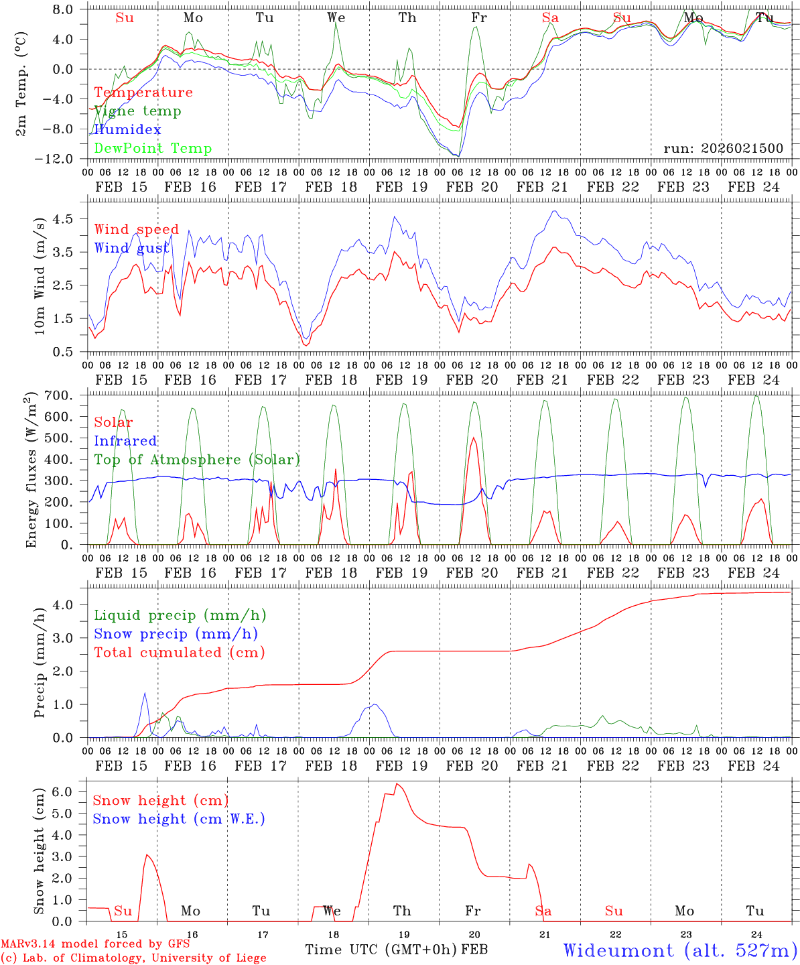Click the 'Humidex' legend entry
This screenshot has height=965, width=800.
pyautogui.click(x=127, y=130)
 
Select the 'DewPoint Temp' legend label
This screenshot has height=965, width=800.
pyautogui.click(x=153, y=149)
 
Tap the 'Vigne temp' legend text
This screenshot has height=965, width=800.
pyautogui.click(x=137, y=111)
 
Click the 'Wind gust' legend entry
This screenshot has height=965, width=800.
pyautogui.click(x=132, y=249)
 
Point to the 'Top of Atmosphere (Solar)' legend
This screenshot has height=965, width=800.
pyautogui.click(x=196, y=460)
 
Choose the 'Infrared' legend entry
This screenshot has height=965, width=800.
pyautogui.click(x=125, y=441)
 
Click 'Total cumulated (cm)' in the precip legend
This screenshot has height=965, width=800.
pyautogui.click(x=179, y=653)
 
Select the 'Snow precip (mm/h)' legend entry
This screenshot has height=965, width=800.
pyautogui.click(x=176, y=634)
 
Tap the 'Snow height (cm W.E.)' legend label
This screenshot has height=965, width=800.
pyautogui.click(x=179, y=819)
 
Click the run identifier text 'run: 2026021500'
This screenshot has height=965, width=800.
pyautogui.click(x=723, y=149)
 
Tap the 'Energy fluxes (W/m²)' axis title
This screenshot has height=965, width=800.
pyautogui.click(x=31, y=471)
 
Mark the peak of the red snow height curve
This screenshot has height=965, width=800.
pyautogui.click(x=396, y=783)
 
